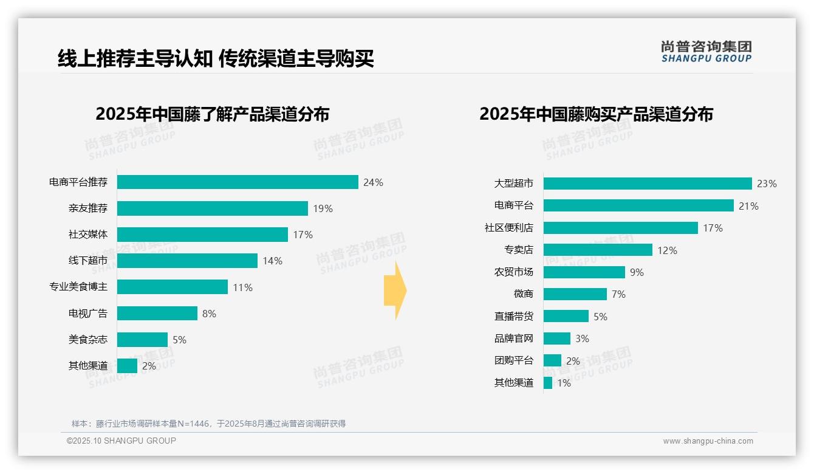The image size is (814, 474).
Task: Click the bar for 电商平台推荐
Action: pos(238,182)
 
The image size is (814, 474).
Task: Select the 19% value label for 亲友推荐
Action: pos(323,208)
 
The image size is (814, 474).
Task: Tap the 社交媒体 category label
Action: pos(87,235)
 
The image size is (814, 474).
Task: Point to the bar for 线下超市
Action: pos(187,261)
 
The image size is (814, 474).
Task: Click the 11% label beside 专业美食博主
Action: pos(242,287)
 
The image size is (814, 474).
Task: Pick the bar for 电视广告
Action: pos(157,314)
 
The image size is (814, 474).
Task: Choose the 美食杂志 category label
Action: pos(87,340)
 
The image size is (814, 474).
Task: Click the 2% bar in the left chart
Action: pos(127,366)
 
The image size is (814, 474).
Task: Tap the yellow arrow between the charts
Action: pos(395,291)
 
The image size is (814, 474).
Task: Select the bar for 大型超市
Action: pos(648,184)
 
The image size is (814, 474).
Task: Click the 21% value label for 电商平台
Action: pos(748,206)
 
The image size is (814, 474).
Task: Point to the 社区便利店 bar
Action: pos(620,228)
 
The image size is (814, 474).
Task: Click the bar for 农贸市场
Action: pos(584,272)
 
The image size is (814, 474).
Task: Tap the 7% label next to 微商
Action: pos(618,294)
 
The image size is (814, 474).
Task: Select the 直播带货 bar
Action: pos(566,317)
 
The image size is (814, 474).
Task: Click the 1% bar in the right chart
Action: pos(548,383)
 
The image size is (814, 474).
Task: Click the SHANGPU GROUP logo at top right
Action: pos(706,52)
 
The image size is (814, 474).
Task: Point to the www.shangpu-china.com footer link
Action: pos(708,441)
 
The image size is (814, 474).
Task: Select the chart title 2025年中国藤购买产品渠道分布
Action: pos(596,114)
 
